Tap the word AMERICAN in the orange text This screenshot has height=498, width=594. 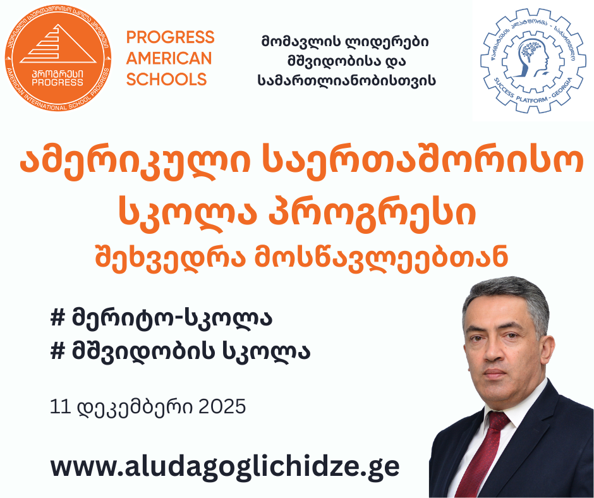[169, 58]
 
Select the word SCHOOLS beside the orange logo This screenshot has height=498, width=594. [166, 79]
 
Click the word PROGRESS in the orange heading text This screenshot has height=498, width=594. [170, 37]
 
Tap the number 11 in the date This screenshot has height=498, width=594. [61, 406]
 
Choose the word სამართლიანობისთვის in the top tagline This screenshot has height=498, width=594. [346, 80]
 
